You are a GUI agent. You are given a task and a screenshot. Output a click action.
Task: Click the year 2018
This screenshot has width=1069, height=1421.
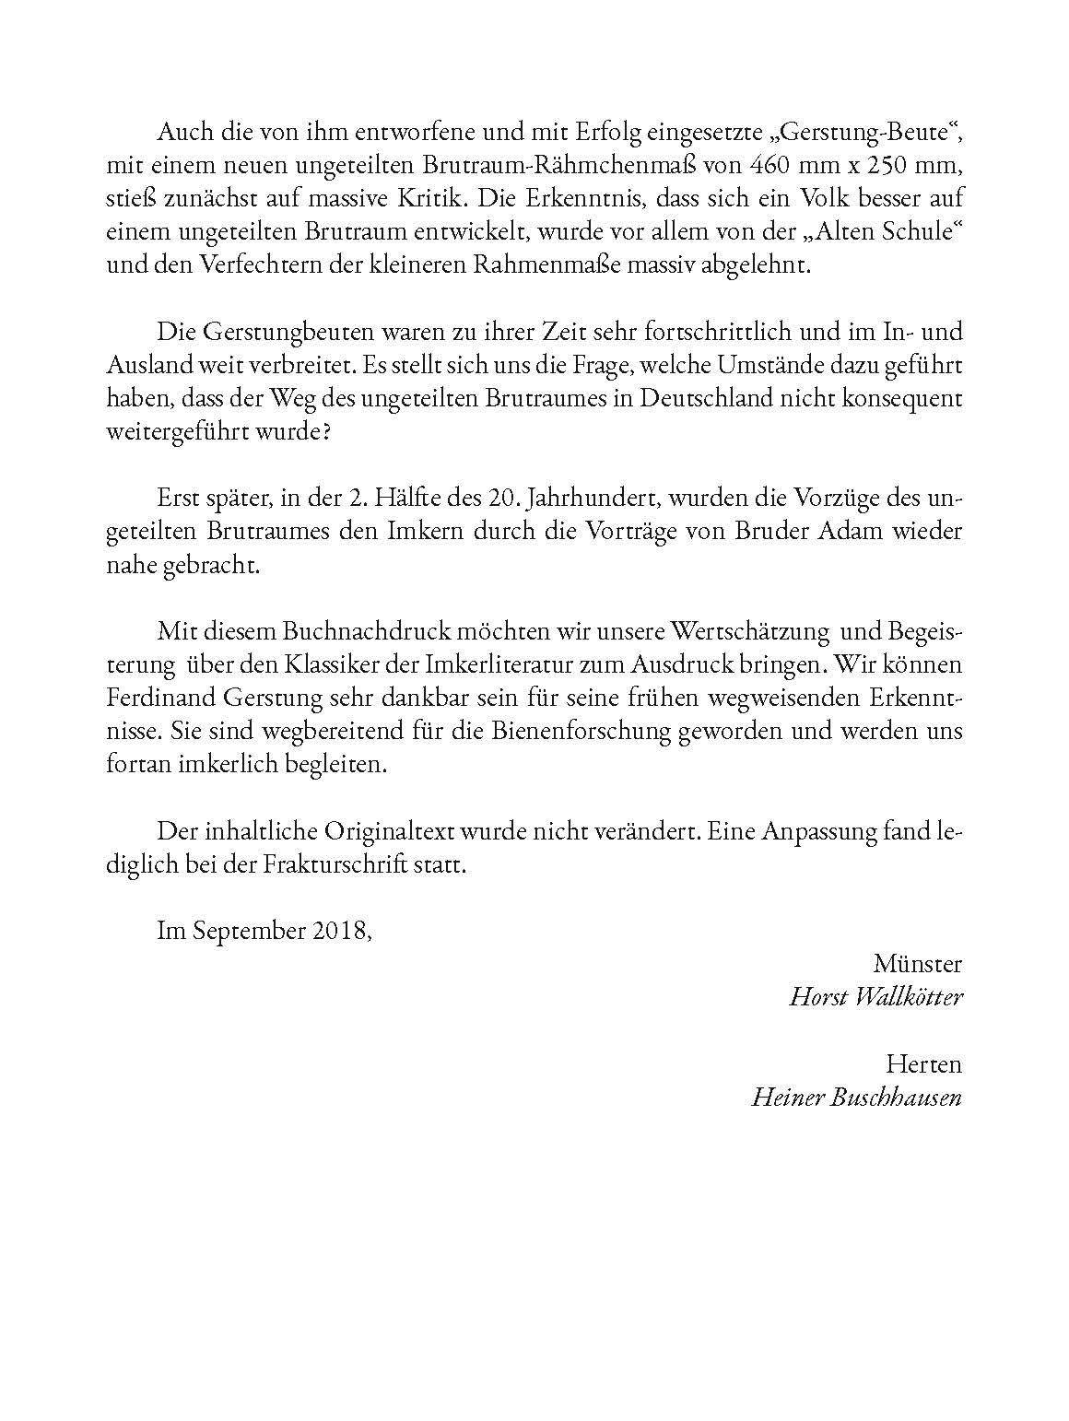point(340,931)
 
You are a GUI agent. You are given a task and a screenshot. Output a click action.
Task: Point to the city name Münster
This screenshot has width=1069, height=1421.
point(917,964)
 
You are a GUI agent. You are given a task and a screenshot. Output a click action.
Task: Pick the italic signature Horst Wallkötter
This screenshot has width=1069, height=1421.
point(875,997)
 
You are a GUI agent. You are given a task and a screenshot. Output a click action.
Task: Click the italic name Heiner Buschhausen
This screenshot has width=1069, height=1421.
point(856,1097)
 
